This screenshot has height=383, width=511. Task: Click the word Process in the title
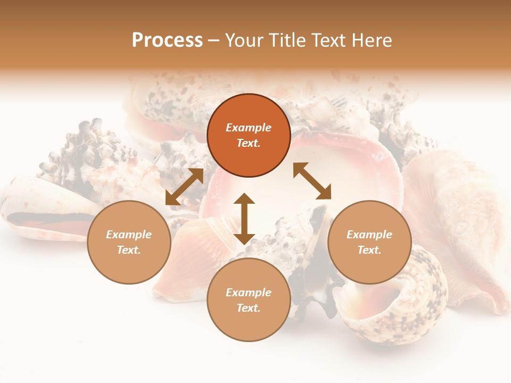pos(167,40)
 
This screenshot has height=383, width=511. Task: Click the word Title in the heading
pos(286,40)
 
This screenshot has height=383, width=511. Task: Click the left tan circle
pos(129,242)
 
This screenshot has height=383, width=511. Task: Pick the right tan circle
pos(369,242)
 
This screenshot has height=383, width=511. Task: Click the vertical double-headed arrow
pos(244,219)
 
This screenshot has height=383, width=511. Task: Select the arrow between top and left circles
pos(184,187)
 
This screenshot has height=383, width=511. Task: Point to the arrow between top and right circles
pos(312,181)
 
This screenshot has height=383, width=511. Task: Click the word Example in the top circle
pos(249,128)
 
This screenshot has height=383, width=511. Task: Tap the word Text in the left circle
pos(129,250)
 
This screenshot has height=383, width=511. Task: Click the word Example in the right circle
pos(369,235)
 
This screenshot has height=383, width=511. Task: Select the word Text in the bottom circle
pos(249,308)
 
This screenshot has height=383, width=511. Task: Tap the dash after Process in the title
pos(213,41)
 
